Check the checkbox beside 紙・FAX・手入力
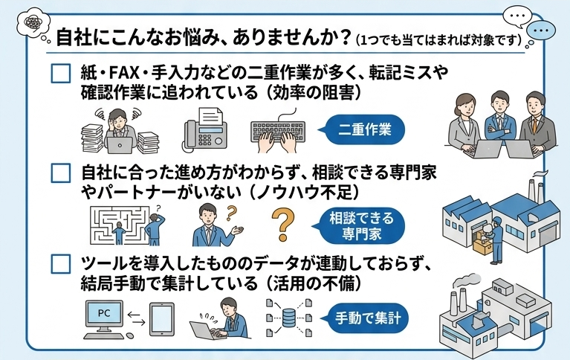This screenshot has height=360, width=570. point(61,74)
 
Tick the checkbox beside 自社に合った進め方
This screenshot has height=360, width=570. point(61,173)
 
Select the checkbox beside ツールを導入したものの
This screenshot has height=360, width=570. point(61,263)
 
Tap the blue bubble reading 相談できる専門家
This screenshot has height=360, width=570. point(360,225)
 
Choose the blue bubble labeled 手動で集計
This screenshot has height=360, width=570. point(366,318)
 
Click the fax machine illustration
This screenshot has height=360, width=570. point(204,129)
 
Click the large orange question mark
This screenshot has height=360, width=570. point(283,224)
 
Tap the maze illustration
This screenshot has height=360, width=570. point(119,225)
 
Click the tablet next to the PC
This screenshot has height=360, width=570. point(162,319)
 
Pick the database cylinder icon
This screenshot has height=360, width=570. point(288,318)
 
